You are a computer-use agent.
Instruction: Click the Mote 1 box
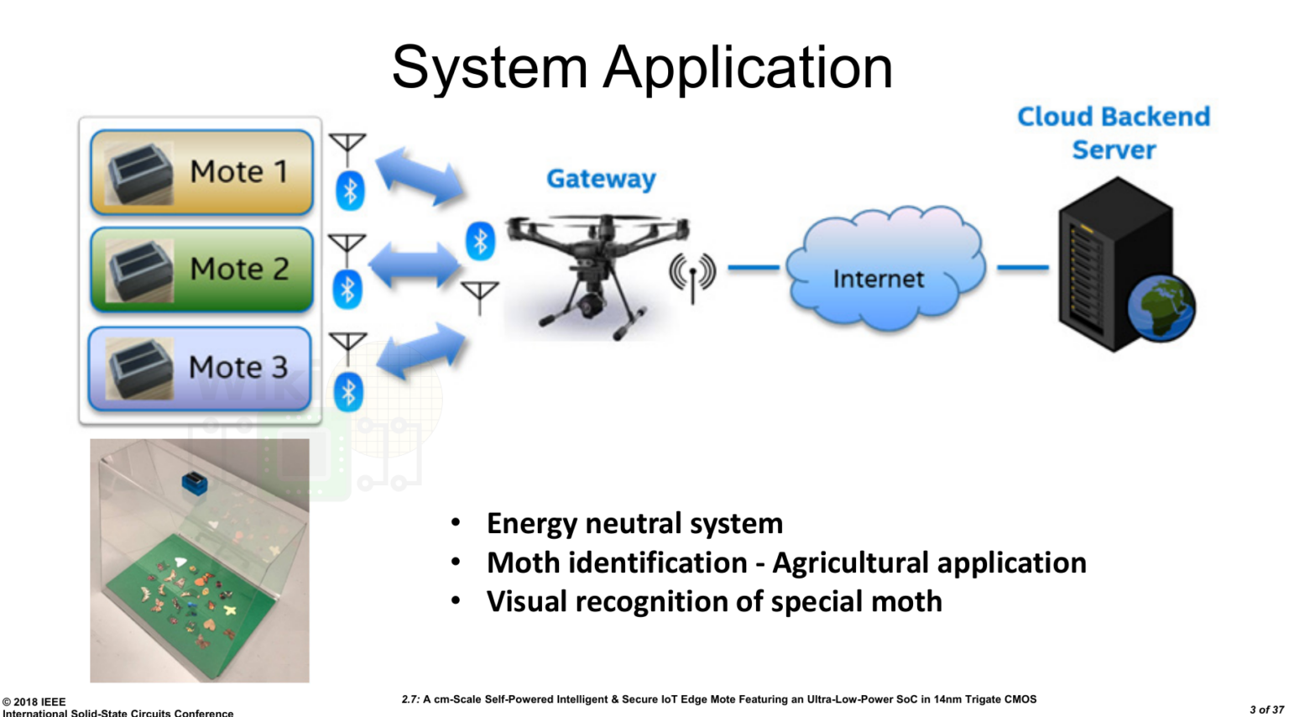click(x=201, y=172)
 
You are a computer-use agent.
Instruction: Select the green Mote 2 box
click(x=201, y=270)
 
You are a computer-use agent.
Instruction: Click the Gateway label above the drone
click(x=601, y=179)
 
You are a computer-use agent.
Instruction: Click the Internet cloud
click(x=882, y=269)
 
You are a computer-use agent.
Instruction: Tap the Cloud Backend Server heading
click(x=1114, y=133)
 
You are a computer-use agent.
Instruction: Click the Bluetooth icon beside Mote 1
click(x=350, y=191)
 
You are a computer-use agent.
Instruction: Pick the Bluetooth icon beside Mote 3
click(x=348, y=392)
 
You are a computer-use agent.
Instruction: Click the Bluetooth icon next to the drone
click(x=480, y=241)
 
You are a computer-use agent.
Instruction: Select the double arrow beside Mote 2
click(x=415, y=267)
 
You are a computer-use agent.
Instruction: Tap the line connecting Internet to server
click(x=1022, y=268)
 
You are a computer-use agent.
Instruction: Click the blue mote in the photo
click(x=195, y=483)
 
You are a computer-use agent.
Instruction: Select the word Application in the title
click(x=748, y=67)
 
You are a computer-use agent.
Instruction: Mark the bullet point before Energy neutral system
click(x=456, y=523)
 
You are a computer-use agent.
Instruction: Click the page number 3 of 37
click(x=1266, y=710)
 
